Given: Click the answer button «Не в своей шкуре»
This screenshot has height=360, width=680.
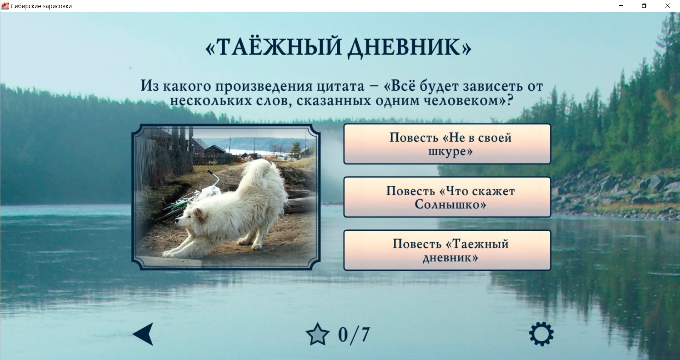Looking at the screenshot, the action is pos(447,144).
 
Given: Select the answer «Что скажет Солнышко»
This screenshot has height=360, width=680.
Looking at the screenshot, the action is pos(447,197).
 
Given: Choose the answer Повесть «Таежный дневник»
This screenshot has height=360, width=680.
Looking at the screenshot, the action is pos(447,250).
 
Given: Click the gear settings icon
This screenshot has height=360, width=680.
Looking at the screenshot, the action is pos(541,334).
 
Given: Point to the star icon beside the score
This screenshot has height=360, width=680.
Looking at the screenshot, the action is pos(317,334).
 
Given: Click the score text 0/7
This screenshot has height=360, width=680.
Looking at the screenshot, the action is pos(354,334).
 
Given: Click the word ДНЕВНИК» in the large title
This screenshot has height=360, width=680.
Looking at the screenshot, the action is pos(409,47).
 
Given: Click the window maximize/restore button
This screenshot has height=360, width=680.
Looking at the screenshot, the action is pos(644,6).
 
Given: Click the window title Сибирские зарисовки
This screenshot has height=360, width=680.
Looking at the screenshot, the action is pos(41,6).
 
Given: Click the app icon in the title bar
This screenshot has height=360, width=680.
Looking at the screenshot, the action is pos(5,6).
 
